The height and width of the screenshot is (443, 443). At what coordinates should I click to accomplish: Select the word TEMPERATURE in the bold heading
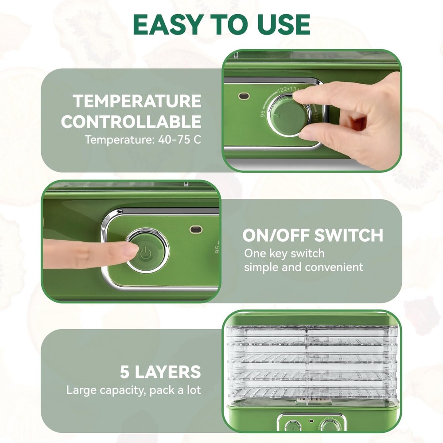[x=137, y=101]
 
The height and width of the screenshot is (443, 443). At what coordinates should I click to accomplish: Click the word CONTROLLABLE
[x=131, y=121]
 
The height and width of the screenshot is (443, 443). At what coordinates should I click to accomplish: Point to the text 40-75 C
[x=177, y=140]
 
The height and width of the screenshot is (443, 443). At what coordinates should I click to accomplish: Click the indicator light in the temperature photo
[x=243, y=96]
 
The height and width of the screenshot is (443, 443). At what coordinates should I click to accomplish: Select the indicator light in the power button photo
[x=195, y=229]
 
